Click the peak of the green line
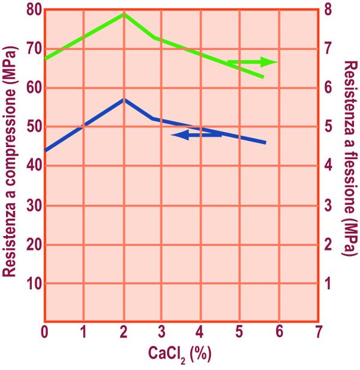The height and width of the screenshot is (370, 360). tap(124, 13)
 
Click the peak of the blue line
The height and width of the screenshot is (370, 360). tap(124, 99)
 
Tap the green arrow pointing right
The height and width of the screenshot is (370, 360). tap(252, 62)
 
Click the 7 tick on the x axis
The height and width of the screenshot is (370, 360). tap(318, 332)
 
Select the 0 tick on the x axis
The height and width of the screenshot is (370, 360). tap(45, 332)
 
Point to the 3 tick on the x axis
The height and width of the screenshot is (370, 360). tap(162, 332)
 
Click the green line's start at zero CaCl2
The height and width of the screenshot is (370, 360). tap(46, 58)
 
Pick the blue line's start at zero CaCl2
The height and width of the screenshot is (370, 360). tap(46, 150)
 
